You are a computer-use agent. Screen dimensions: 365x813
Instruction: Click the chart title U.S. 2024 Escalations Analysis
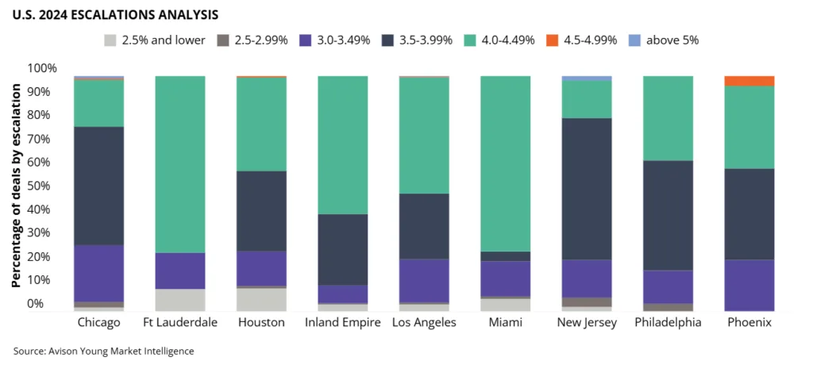[x=116, y=14]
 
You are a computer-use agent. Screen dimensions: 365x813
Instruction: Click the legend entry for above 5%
[x=663, y=40]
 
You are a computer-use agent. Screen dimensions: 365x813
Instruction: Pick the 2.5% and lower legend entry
[x=154, y=40]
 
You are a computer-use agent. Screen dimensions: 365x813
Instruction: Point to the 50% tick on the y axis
[x=43, y=186]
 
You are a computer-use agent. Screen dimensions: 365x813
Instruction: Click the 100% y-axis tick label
[x=41, y=68]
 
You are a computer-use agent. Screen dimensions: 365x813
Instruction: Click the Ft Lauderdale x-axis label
[x=180, y=323]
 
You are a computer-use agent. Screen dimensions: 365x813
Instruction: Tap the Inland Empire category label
[x=342, y=323]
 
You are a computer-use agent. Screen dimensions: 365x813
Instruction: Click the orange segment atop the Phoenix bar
[x=749, y=81]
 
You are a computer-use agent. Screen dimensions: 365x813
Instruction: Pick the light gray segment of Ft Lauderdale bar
[x=180, y=300]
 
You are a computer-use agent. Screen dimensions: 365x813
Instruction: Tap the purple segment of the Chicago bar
[x=99, y=273]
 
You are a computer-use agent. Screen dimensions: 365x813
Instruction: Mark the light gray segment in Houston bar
[x=261, y=299]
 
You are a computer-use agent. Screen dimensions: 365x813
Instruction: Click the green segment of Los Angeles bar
[x=424, y=135]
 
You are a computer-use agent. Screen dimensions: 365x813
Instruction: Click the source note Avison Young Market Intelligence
[x=104, y=350]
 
